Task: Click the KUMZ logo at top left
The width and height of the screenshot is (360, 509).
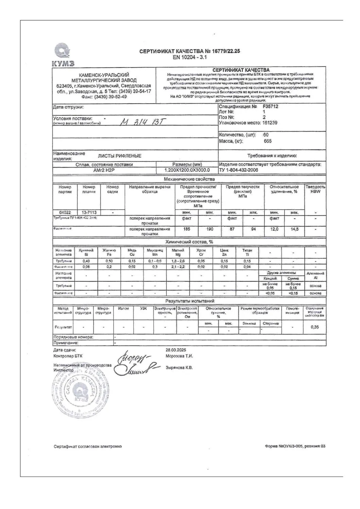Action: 63,55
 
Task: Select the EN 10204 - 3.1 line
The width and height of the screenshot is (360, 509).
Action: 190,57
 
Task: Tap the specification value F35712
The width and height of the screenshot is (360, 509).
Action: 270,106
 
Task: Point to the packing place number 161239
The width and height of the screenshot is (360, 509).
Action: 268,123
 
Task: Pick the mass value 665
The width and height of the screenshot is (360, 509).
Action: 268,141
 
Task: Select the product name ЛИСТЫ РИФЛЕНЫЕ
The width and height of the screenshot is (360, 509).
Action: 120,156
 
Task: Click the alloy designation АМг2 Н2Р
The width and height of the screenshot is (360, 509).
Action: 104,170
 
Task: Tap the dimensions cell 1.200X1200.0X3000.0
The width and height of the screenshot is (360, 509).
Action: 187,170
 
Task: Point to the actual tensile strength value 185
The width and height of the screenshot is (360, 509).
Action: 186,229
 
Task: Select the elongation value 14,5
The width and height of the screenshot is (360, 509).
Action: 294,229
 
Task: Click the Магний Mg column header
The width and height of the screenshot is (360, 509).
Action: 178,252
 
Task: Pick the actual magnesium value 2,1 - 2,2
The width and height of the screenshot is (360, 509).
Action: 178,267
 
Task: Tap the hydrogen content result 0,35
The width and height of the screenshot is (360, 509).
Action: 315,327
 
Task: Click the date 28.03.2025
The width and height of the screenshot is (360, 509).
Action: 176,350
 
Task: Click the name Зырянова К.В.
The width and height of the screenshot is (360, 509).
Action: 179,367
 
